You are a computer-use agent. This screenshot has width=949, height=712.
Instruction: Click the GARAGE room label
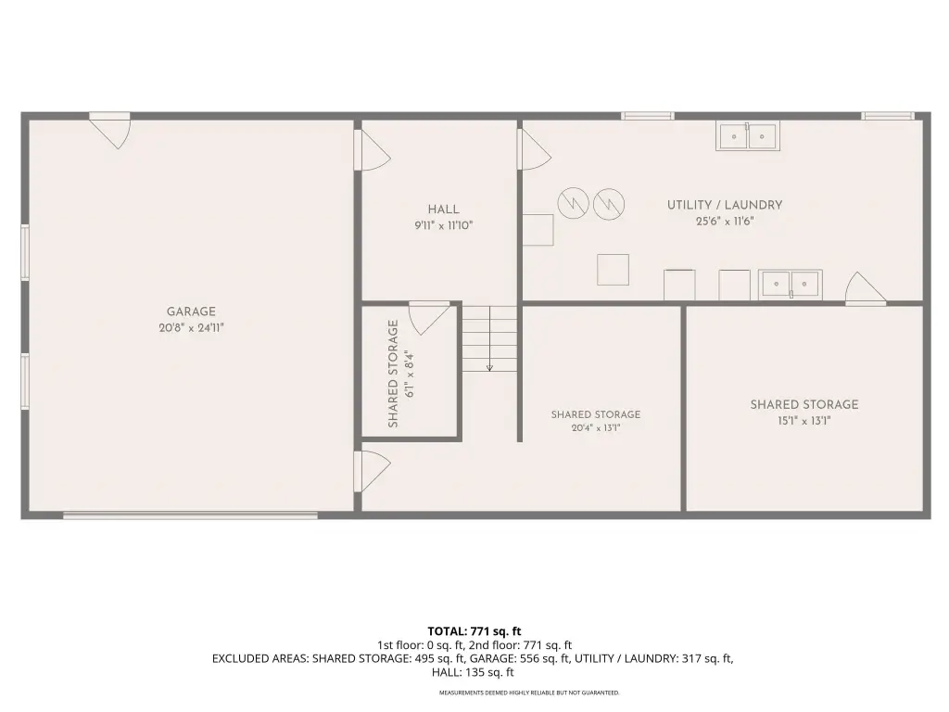pos(191,311)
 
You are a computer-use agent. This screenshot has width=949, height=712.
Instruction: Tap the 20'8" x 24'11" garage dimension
pos(191,328)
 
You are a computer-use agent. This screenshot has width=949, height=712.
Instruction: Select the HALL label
pos(444,210)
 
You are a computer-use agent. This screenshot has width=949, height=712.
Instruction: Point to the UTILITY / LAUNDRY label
pos(725,205)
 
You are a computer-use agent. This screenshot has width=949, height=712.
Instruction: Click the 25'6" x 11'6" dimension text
pos(725,222)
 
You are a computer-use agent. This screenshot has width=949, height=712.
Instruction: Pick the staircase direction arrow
pos(489,339)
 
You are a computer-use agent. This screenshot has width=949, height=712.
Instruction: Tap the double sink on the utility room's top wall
pos(748,135)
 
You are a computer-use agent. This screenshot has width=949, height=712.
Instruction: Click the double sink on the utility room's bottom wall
pos(791,284)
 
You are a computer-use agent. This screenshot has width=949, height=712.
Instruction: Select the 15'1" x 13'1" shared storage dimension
pos(804,421)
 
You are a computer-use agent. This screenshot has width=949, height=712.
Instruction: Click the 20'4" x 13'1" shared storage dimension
pos(596,428)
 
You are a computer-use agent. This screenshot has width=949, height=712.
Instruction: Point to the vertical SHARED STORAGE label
pos(393,374)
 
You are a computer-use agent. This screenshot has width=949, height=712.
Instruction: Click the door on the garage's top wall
pos(110,130)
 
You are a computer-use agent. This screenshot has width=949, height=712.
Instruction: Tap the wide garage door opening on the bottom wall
pos(191,515)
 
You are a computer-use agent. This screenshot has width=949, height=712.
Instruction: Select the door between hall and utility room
pos(534,149)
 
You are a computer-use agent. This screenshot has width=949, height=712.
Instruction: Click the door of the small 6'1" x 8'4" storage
pos(429,317)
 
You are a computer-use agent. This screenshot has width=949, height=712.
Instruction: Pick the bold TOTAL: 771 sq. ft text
pos(474,631)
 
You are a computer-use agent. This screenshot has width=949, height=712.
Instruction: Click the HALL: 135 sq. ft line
pos(473,672)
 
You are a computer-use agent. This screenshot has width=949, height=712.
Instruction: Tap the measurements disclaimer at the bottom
pos(529,693)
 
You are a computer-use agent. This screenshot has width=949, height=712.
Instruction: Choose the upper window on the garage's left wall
pos(25,252)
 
